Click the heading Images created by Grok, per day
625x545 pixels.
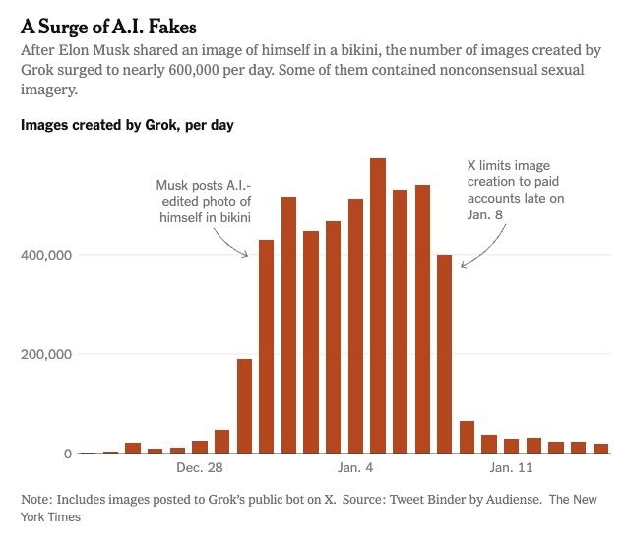pyautogui.click(x=127, y=125)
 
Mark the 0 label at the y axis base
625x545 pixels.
pyautogui.click(x=67, y=454)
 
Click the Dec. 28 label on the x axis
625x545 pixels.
pyautogui.click(x=199, y=468)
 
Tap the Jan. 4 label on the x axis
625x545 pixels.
pyautogui.click(x=355, y=468)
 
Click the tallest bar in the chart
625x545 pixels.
pyautogui.click(x=377, y=305)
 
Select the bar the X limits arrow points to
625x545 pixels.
pyautogui.click(x=444, y=354)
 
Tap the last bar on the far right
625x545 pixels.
pyautogui.click(x=600, y=449)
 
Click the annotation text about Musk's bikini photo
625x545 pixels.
pyautogui.click(x=205, y=201)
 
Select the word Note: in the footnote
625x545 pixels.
pyautogui.click(x=37, y=499)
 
